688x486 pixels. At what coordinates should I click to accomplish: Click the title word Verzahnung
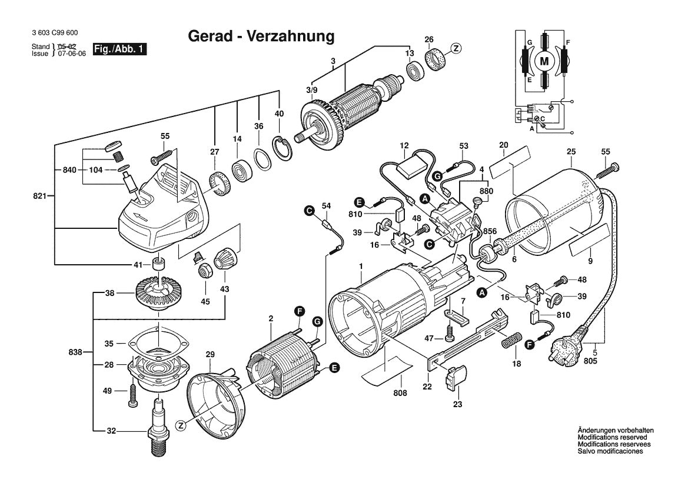(x=291, y=36)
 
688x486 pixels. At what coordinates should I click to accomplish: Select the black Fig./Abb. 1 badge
(x=119, y=49)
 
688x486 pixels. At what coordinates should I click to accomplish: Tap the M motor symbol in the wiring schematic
(x=544, y=61)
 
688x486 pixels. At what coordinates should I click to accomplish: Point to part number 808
(x=400, y=393)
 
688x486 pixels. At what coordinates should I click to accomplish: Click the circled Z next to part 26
(x=456, y=48)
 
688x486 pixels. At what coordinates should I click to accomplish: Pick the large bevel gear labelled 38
(x=158, y=292)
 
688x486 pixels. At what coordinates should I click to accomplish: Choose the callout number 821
(x=39, y=196)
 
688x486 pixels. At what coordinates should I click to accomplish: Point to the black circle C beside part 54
(x=310, y=211)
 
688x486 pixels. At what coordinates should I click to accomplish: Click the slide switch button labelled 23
(x=456, y=377)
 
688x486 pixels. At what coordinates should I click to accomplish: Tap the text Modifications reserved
(x=612, y=437)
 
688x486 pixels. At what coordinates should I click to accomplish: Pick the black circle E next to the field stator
(x=334, y=368)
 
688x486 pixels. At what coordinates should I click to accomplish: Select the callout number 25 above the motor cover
(x=571, y=152)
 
